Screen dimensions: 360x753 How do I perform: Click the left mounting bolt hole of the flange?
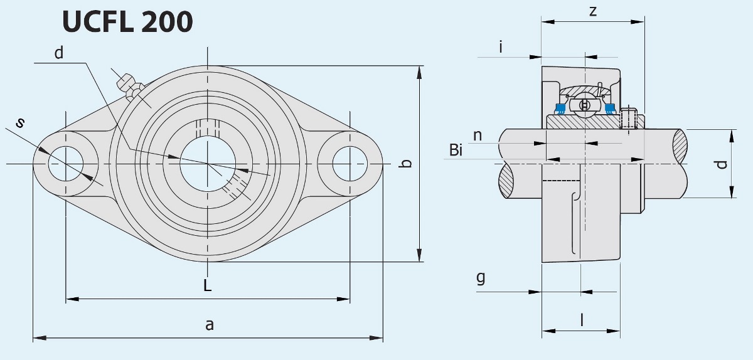[x=65, y=163]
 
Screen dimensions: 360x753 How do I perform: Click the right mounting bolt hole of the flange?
[x=349, y=163]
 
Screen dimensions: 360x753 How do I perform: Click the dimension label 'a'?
[x=210, y=324]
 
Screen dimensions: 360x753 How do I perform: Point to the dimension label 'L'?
[x=208, y=286]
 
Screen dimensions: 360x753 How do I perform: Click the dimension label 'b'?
[x=406, y=164]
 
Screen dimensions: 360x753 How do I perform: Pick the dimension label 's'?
[x=21, y=123]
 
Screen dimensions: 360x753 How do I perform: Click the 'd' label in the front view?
[x=59, y=53]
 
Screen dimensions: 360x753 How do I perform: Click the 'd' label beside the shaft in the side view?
[x=722, y=164]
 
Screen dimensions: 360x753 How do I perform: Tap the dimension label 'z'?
[x=593, y=11]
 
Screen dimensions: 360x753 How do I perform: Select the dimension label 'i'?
[x=501, y=46]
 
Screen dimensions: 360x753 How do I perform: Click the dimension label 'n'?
[x=478, y=135]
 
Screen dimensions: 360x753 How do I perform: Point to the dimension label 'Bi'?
[x=456, y=150]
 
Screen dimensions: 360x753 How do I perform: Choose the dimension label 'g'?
[x=481, y=277]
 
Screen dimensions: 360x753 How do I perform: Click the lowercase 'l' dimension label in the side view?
[x=582, y=320]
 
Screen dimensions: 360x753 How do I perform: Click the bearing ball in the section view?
[x=584, y=105]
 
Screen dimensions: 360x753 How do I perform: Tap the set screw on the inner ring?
[x=629, y=119]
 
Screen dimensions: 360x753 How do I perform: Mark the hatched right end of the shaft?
[x=680, y=144]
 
